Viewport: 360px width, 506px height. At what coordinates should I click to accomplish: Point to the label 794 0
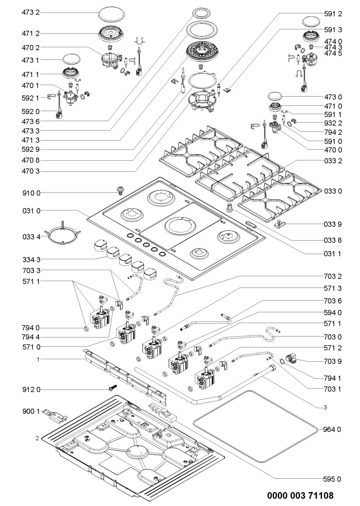tap(31, 328)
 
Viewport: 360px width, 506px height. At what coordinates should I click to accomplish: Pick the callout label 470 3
tap(31, 171)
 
